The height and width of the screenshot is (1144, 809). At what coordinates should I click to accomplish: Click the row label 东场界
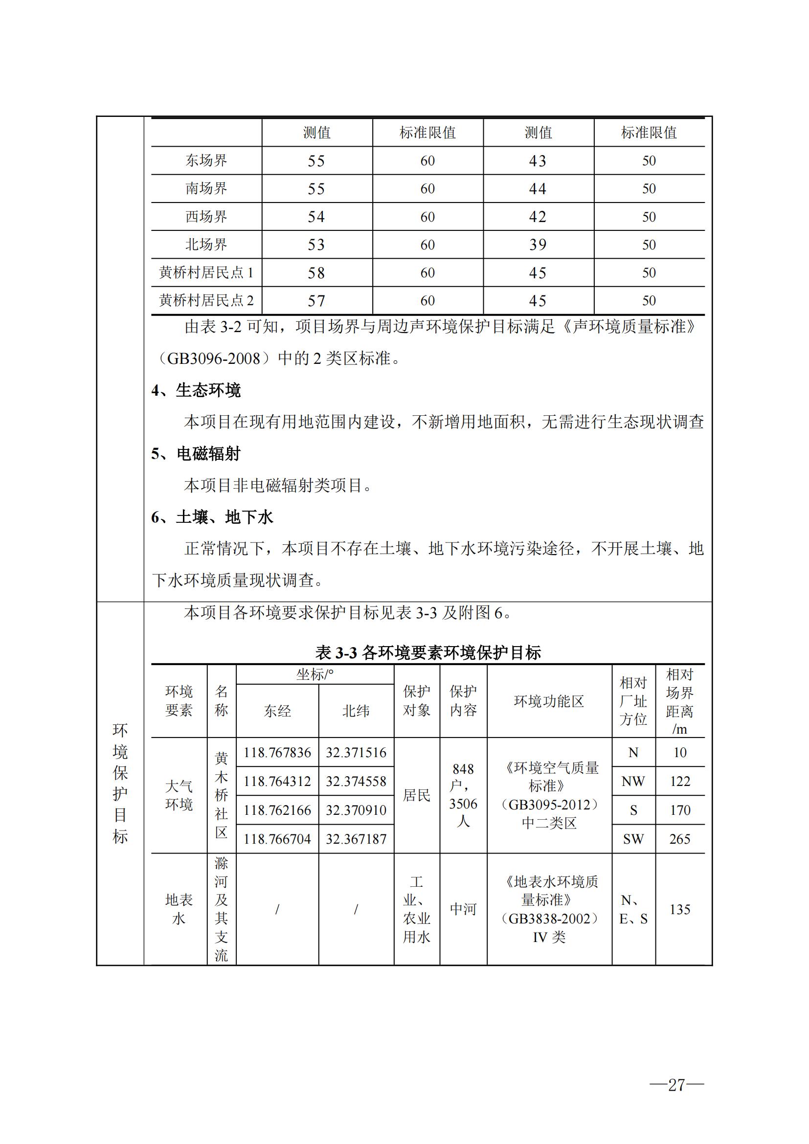click(x=206, y=160)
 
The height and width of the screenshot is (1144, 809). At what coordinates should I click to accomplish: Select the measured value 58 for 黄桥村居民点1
click(x=316, y=272)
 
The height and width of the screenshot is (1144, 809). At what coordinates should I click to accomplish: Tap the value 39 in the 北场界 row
click(x=538, y=245)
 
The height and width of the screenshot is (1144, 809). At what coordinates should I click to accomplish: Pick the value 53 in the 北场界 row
click(x=316, y=245)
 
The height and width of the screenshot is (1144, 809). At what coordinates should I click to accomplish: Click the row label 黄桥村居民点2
click(x=206, y=300)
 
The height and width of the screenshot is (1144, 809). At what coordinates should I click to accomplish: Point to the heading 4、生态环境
click(x=196, y=390)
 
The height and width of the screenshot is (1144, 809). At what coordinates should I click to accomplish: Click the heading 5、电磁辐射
click(x=196, y=453)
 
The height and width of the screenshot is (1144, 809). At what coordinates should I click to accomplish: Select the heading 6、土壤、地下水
click(x=212, y=517)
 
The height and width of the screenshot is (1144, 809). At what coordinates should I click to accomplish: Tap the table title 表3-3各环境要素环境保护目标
click(x=428, y=652)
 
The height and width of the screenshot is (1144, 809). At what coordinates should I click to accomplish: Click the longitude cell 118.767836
click(x=277, y=752)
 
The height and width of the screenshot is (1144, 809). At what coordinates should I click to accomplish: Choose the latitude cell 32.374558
click(x=356, y=781)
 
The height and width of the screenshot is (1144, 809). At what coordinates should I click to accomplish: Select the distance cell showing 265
click(x=679, y=839)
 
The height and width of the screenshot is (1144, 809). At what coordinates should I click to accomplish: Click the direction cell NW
click(x=633, y=781)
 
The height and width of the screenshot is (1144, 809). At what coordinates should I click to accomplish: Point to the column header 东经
click(x=277, y=711)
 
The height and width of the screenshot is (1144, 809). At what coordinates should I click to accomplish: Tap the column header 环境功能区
click(x=549, y=701)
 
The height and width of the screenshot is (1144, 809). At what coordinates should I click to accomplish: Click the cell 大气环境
click(x=179, y=795)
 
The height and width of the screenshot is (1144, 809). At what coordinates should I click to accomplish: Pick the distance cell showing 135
click(x=679, y=909)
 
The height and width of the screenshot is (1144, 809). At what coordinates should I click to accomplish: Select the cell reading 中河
click(x=463, y=909)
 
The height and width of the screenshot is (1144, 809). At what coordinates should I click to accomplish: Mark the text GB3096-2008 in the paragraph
click(x=214, y=359)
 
